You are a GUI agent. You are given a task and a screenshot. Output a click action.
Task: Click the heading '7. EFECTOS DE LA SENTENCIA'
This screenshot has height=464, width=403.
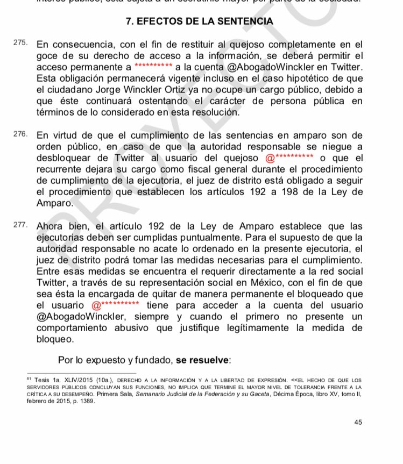pos(199,22)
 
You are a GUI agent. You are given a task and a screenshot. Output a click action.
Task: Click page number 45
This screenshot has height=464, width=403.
pos(358,422)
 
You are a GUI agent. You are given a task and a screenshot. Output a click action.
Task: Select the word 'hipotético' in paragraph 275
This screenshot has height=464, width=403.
pos(280,79)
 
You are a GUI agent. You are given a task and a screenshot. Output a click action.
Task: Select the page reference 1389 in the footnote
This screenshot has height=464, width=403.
pos(87,402)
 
